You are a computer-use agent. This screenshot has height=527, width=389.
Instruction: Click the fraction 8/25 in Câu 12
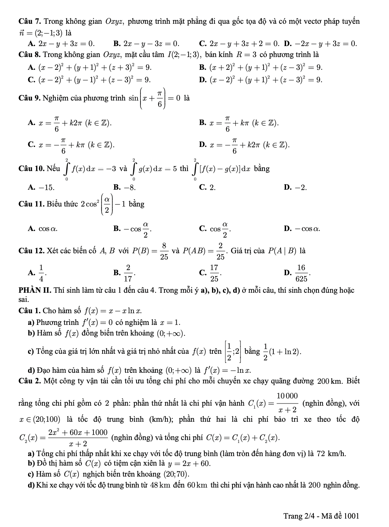pos(164,251)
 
